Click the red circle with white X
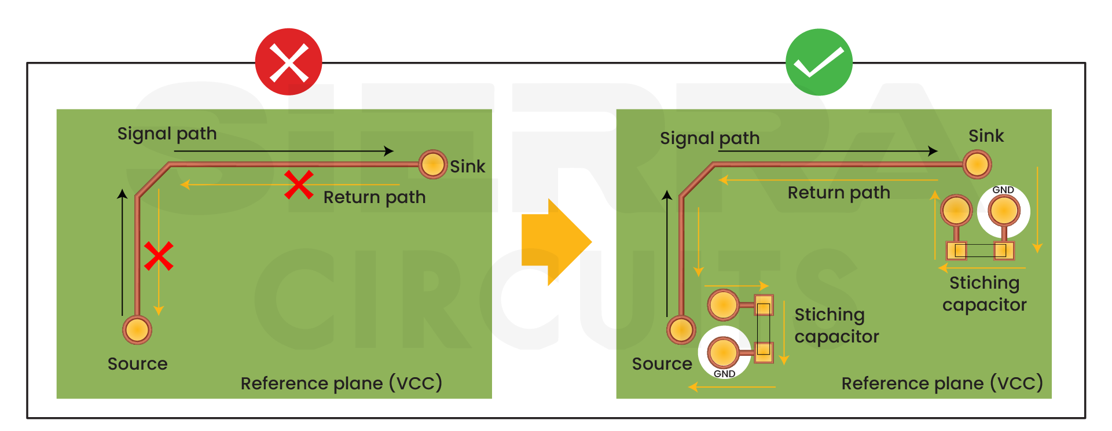[x=288, y=62]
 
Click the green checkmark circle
[x=819, y=62]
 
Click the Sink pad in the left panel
[x=432, y=164]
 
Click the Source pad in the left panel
[x=137, y=330]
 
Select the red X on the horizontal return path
[x=299, y=185]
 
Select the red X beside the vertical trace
[x=159, y=256]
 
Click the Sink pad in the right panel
[x=977, y=164]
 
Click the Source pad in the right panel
[x=681, y=330]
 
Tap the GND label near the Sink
[x=1003, y=190]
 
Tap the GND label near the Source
[x=724, y=374]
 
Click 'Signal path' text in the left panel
[x=167, y=134]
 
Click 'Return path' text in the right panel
[x=838, y=193]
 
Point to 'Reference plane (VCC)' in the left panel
[x=341, y=383]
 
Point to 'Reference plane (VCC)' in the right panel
[x=942, y=383]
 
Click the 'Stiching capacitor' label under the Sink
[x=984, y=293]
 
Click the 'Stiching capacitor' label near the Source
[x=836, y=325]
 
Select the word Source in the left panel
[x=137, y=364]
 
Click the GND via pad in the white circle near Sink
[x=1003, y=210]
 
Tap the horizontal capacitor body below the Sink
[x=979, y=251]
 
